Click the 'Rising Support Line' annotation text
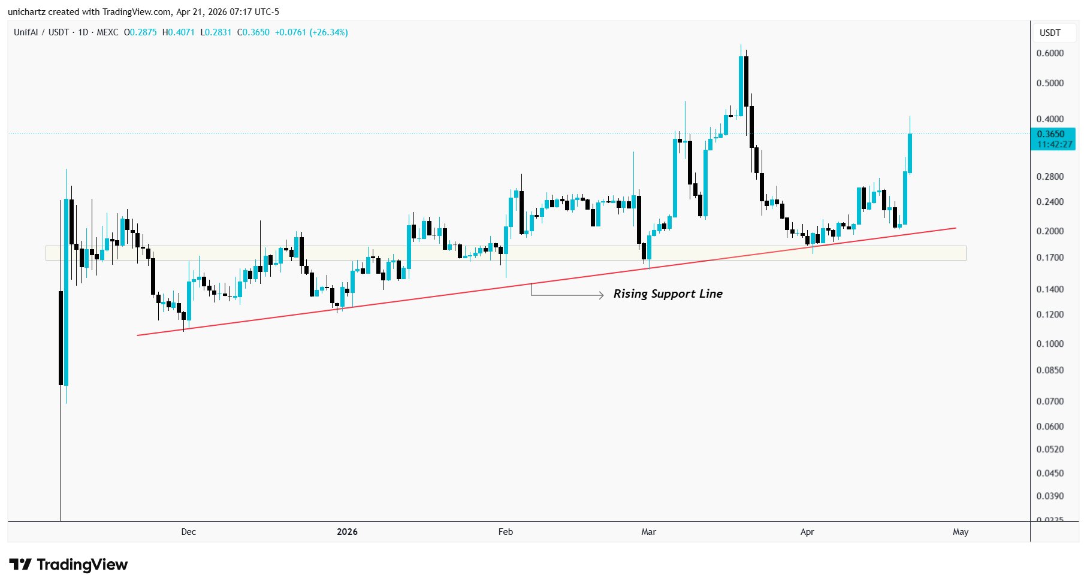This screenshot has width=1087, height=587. pos(668,293)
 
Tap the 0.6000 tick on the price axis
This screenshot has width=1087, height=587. pos(1050,53)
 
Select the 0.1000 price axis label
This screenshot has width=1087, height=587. pos(1050,344)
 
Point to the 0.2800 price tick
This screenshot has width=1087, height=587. pos(1050,177)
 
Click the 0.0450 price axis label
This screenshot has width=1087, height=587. pos(1050,473)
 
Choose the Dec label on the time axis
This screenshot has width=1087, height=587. pos(188,532)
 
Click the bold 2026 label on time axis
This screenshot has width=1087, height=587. pos(347,532)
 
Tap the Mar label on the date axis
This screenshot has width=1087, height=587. pos(648,532)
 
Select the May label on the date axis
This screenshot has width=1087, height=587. pos(960,532)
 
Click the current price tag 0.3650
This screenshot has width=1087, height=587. pos(1051,134)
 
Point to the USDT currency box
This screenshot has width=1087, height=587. pos(1050,33)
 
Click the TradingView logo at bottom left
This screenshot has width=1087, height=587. pos(68,565)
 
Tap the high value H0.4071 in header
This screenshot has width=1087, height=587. pos(179,32)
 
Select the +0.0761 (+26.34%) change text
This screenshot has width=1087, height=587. pos(311,32)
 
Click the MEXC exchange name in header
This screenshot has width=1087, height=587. pos(107,32)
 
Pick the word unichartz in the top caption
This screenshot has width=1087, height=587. pos(27,12)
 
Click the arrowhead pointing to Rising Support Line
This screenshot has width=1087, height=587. pos(600,295)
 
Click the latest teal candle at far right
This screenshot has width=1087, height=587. pos(910,153)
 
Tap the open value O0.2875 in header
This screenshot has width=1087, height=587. pos(140,32)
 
